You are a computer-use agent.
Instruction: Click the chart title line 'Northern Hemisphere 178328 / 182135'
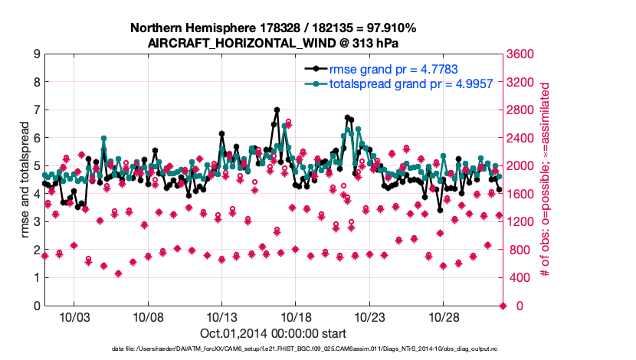[x=273, y=28]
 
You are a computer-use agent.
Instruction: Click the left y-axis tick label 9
[x=36, y=54]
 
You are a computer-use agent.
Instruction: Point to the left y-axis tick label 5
[x=36, y=166]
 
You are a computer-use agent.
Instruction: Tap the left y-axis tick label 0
[x=36, y=306]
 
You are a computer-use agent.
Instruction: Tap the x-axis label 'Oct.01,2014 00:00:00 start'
[x=273, y=333]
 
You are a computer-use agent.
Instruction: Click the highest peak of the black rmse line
[x=277, y=110]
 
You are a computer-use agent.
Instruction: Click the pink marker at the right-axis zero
[x=503, y=306]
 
